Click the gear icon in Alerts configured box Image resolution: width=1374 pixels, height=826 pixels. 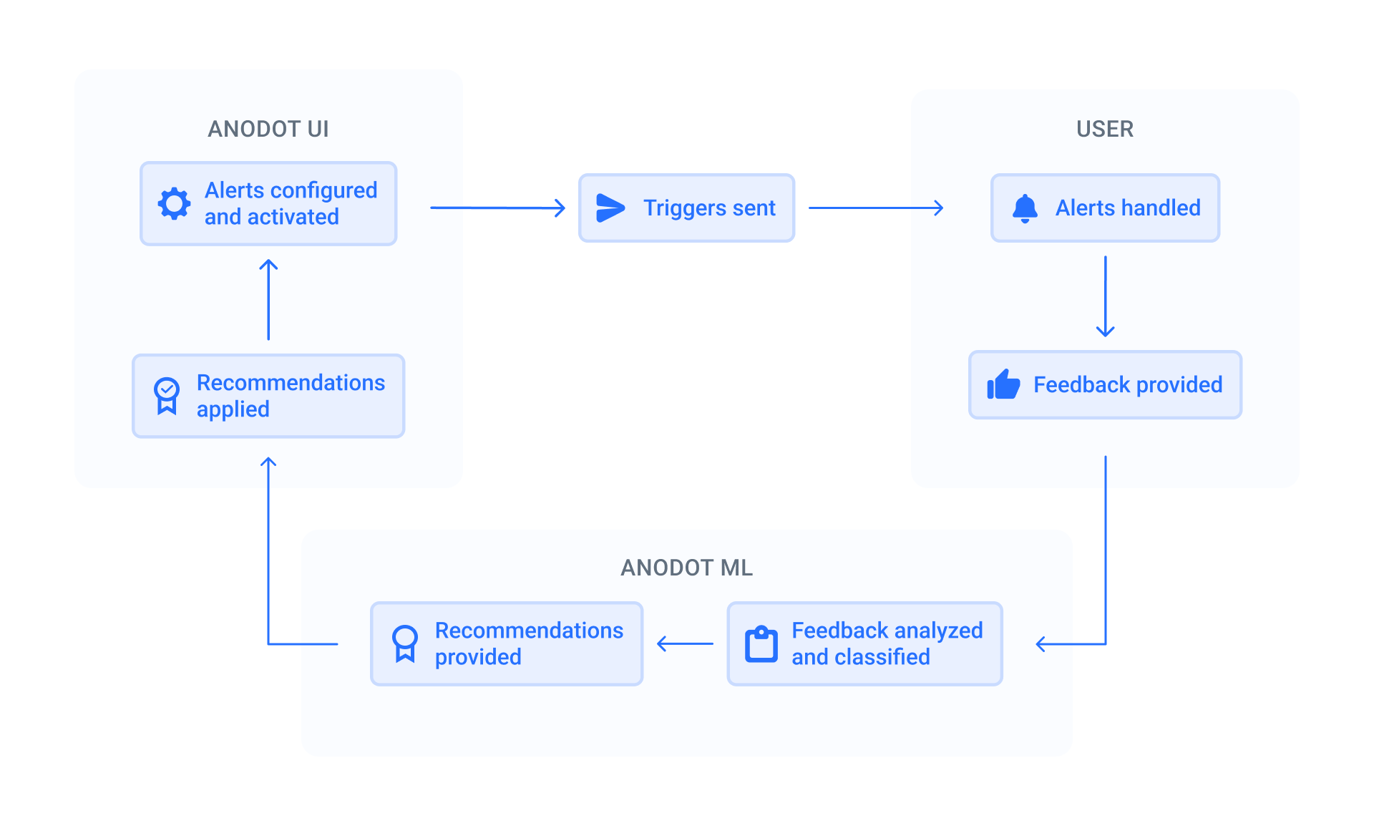(174, 204)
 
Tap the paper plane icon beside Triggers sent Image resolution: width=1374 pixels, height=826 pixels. (610, 208)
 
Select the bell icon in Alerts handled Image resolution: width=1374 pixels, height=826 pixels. (1025, 208)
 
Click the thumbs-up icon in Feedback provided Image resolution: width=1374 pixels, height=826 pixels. (1003, 385)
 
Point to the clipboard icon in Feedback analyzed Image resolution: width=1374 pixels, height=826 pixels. (761, 644)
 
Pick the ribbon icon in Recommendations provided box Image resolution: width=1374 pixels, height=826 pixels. (404, 643)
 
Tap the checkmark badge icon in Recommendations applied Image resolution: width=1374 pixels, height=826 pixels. (167, 396)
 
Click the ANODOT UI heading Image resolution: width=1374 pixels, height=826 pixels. (268, 129)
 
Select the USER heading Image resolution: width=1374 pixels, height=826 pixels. (1105, 129)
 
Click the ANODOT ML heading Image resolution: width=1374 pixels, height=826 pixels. (686, 568)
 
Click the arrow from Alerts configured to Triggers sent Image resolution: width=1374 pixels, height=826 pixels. (497, 208)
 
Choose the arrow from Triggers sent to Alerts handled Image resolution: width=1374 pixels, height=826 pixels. (875, 208)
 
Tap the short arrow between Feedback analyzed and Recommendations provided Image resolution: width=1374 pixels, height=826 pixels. (685, 643)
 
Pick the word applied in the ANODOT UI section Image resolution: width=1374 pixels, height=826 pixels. (233, 409)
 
